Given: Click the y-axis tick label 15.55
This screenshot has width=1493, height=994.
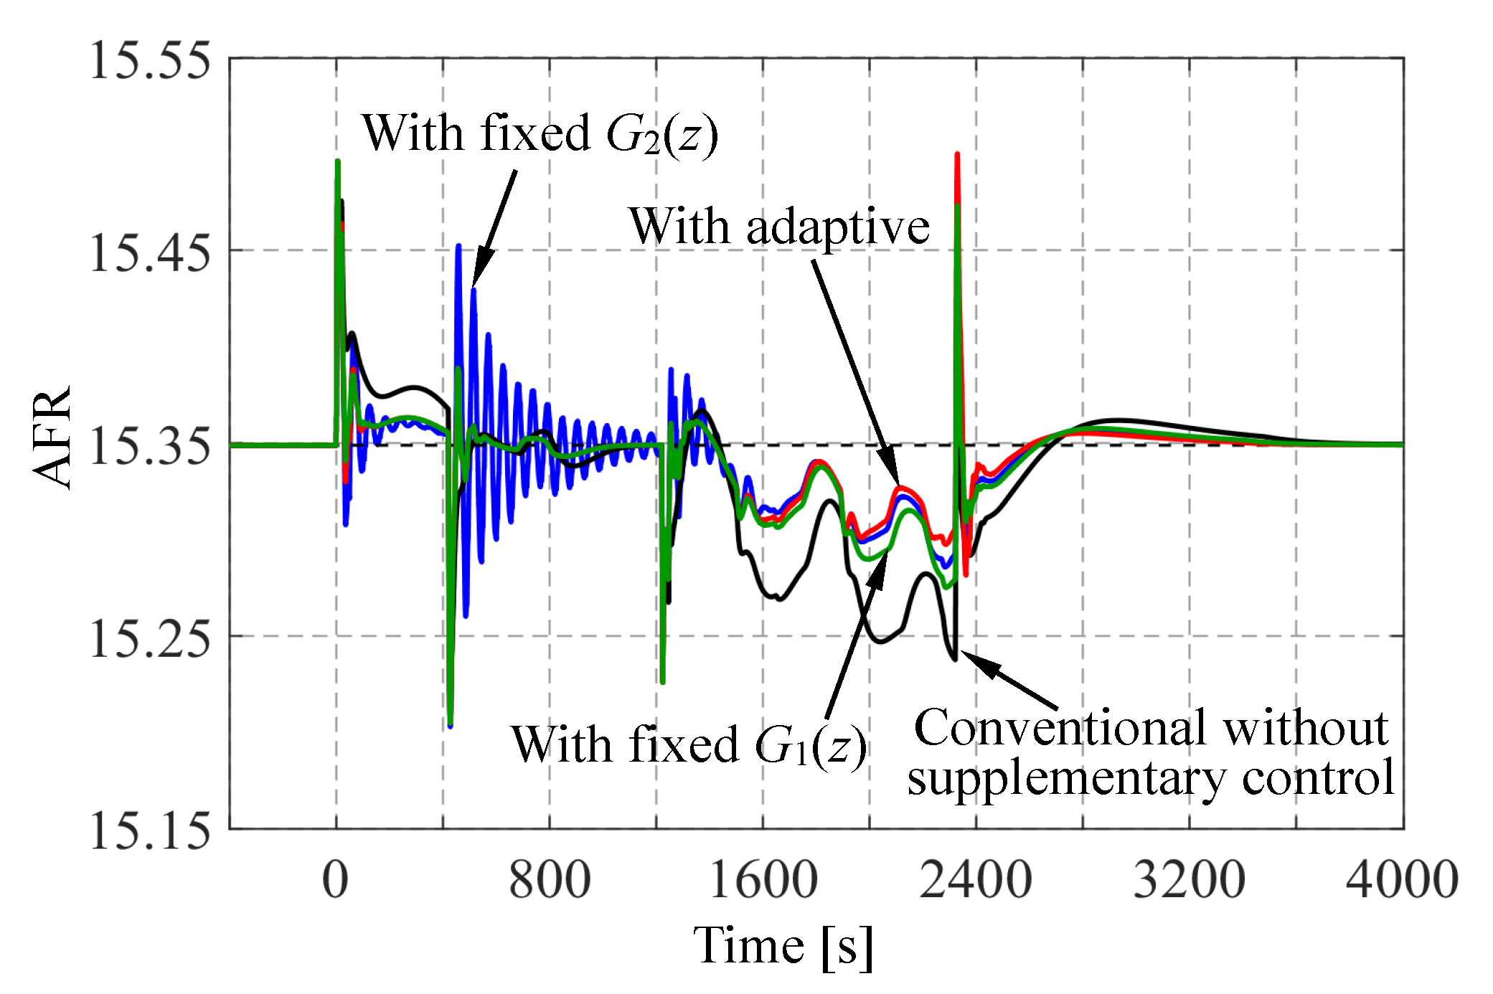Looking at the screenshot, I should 149,60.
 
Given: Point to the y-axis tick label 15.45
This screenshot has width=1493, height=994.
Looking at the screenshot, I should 149,252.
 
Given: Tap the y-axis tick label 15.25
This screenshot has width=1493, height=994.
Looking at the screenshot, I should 149,638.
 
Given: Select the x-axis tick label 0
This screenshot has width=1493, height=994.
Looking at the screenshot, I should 335,880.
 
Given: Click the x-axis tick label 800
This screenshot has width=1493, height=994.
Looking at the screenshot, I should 550,880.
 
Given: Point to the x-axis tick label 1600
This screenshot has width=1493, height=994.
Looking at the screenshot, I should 763,880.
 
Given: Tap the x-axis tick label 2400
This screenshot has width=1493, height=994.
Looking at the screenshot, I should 976,880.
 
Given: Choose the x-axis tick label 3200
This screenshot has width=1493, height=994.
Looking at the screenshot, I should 1189,880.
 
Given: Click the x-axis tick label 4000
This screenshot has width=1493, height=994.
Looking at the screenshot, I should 1402,880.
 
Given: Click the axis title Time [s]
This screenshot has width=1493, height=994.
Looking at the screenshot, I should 783,945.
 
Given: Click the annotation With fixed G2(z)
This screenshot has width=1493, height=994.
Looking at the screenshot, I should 540,134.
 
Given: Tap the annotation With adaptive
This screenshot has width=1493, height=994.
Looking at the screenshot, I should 779,227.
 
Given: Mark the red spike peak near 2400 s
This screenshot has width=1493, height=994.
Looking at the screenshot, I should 957,155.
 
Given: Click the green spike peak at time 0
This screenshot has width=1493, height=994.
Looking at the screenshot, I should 337,162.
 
